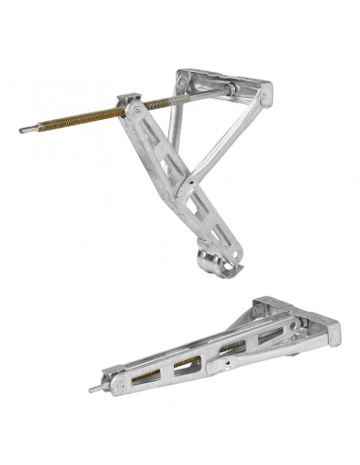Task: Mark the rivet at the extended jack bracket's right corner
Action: point(267,95)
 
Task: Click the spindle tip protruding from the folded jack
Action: point(94,388)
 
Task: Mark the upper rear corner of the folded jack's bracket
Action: point(257,304)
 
